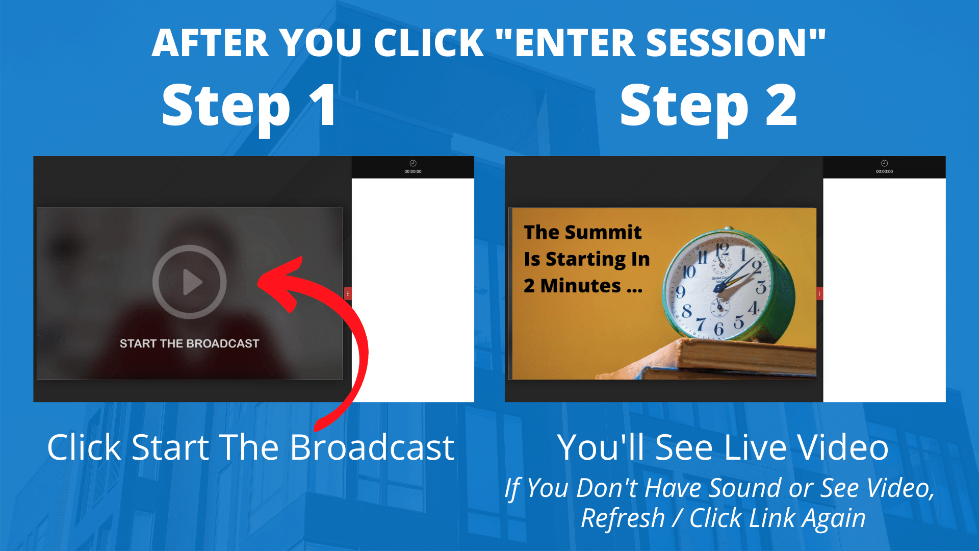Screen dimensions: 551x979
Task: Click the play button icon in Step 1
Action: [190, 282]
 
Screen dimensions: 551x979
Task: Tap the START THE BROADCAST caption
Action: [189, 343]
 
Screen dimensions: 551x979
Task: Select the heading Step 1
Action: [249, 106]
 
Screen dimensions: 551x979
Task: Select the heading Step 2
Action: [708, 106]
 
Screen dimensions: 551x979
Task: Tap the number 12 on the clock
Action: [722, 250]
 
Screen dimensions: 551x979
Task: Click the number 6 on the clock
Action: [719, 329]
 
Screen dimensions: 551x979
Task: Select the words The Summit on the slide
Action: [582, 232]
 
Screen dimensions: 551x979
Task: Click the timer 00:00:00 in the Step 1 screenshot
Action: [413, 171]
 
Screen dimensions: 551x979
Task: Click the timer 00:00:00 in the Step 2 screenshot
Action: [884, 171]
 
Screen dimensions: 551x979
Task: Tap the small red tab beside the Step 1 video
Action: [348, 293]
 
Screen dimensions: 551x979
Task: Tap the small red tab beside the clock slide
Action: [819, 293]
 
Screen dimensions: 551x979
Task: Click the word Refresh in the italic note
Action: [623, 518]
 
